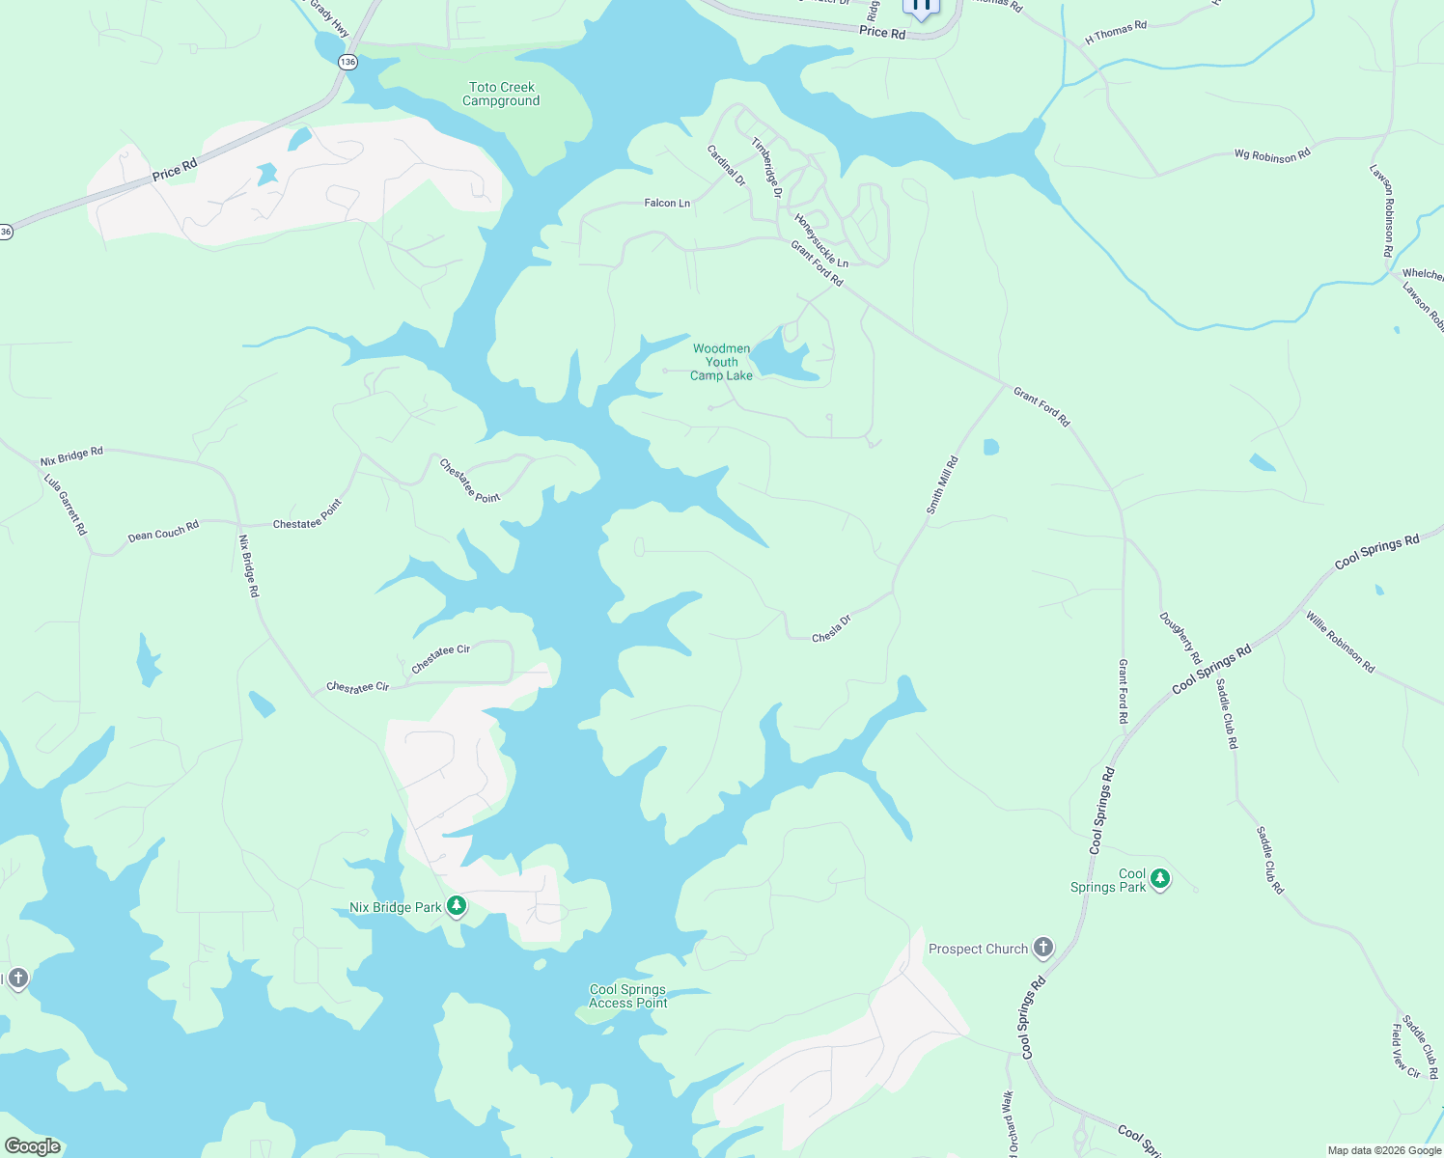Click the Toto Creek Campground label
pos(501,95)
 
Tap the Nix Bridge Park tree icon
pos(457,906)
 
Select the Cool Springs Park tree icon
pos(1160,878)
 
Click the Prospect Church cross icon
pos(1043,948)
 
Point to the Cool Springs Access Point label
pos(627,996)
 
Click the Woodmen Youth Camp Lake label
pos(721,362)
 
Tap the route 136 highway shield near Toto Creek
pos(347,62)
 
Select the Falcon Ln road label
pos(667,203)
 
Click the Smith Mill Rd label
pos(942,484)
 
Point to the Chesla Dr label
pos(831,629)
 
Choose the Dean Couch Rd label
pos(163,531)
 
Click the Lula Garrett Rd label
pos(66,504)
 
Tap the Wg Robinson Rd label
pos(1272,154)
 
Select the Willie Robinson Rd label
pos(1340,642)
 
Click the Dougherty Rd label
pos(1180,638)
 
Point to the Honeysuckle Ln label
pos(820,240)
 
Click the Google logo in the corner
pos(33,1146)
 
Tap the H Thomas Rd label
pos(1116,33)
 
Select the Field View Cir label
pos(1405,1051)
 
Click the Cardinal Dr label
pos(726,165)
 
